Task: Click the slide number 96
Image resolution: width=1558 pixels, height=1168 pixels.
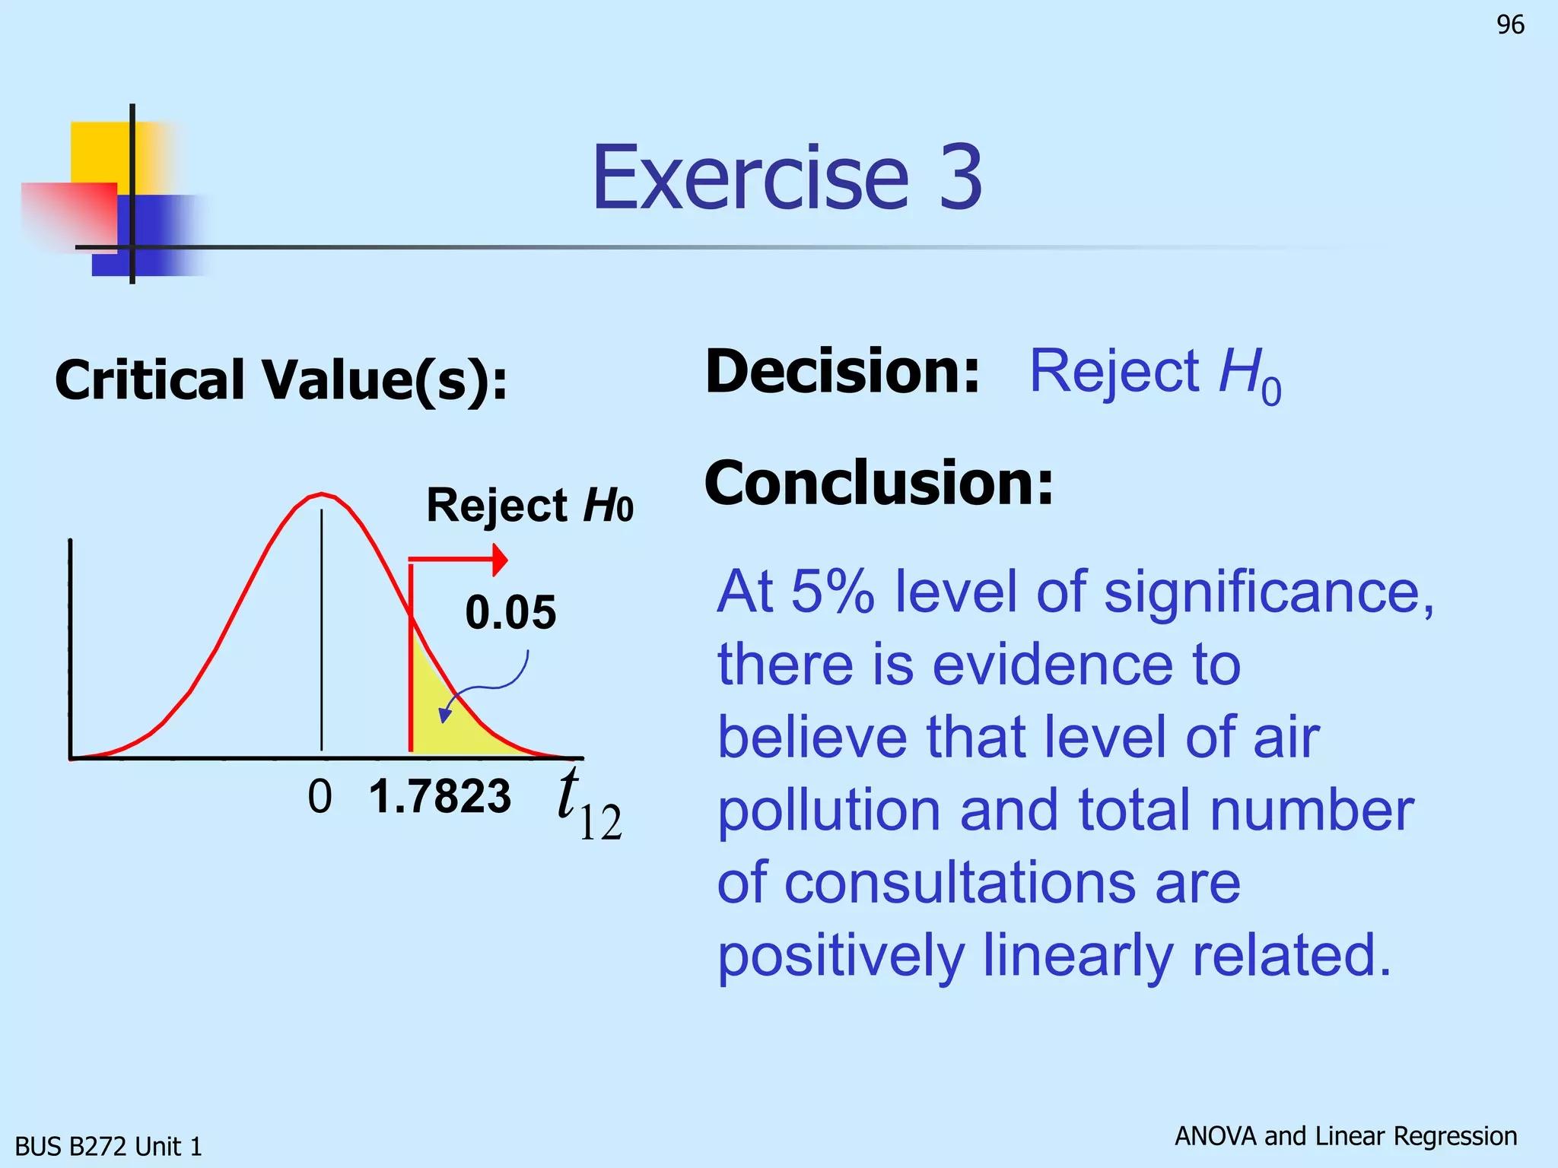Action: [x=1510, y=25]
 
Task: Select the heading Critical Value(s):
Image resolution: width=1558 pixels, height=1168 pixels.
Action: [x=281, y=379]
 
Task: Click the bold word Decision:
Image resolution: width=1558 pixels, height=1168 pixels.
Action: [x=842, y=371]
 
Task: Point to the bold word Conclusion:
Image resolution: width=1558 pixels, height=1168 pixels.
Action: [x=879, y=483]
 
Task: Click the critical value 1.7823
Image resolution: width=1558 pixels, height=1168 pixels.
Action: [x=440, y=796]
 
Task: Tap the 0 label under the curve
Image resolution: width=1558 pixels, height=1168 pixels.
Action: [x=320, y=797]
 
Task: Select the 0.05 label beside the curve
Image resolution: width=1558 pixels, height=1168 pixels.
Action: [x=510, y=612]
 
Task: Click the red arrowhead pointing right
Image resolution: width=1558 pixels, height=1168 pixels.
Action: [x=499, y=560]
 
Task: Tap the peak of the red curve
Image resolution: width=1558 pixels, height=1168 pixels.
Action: [x=321, y=495]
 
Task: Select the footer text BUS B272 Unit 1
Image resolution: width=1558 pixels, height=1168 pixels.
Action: [x=109, y=1146]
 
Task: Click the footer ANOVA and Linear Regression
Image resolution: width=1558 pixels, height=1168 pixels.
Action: [x=1345, y=1136]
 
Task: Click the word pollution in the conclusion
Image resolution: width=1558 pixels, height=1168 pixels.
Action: [x=829, y=811]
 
